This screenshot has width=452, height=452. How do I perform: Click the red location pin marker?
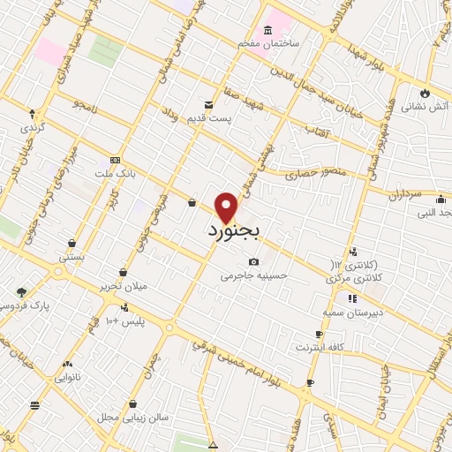click(x=227, y=207)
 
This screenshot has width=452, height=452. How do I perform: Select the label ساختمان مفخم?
click(x=268, y=42)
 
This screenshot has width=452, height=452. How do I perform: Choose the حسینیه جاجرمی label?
click(x=254, y=275)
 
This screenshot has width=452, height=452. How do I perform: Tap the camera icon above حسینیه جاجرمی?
click(x=254, y=261)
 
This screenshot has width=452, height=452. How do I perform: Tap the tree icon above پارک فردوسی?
click(x=21, y=291)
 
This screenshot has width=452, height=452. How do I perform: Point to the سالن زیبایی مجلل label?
click(x=119, y=416)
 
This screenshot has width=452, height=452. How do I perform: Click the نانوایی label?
click(x=67, y=377)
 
